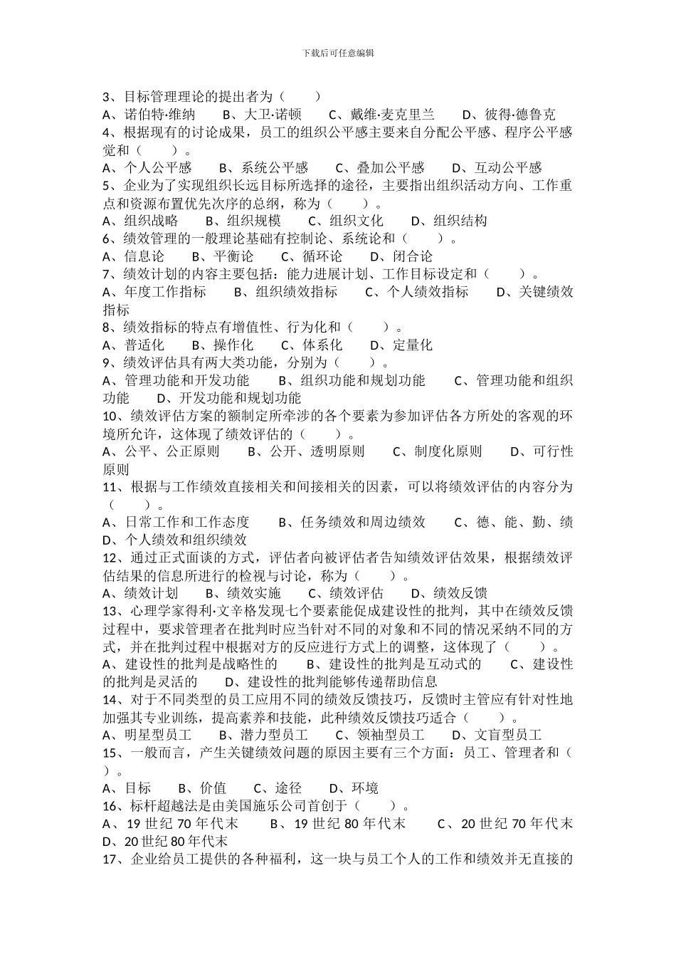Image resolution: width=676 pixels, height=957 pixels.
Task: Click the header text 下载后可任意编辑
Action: [338, 53]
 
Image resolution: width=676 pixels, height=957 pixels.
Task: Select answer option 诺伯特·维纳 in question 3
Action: [159, 115]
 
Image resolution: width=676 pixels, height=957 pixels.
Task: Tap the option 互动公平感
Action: [508, 168]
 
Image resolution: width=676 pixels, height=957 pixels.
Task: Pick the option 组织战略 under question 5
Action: [151, 221]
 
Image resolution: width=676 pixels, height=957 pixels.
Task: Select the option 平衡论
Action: [233, 256]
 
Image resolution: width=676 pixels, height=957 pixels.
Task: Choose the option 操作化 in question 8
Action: [233, 345]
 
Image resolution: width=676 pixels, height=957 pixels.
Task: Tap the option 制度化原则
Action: [448, 451]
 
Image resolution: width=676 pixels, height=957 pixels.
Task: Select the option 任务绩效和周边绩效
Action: [363, 523]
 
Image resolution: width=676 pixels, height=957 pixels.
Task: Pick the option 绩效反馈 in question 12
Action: [460, 593]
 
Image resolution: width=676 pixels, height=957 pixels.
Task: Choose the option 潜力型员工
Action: [274, 735]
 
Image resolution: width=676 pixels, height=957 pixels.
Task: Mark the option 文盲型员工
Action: [508, 735]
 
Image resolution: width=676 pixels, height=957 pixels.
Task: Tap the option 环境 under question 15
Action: [365, 788]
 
